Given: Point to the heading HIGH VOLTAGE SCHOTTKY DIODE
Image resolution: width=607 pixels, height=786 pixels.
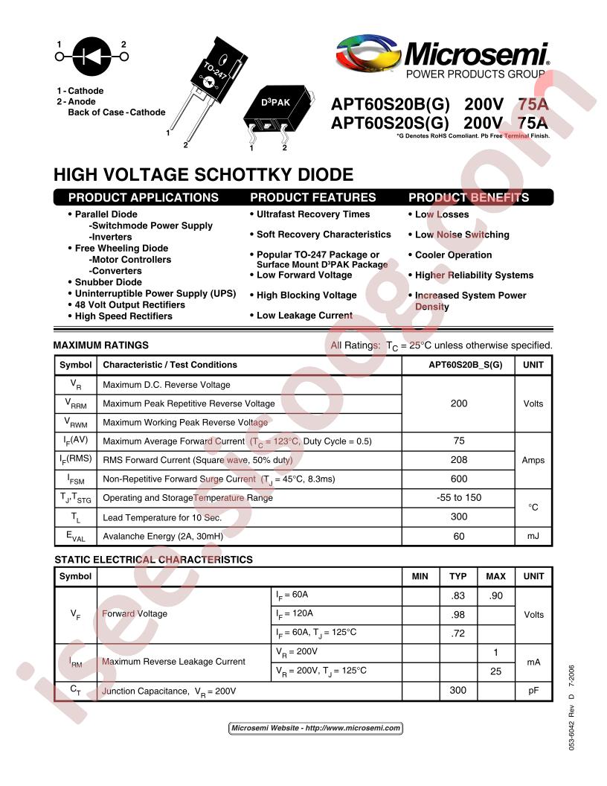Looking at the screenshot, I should (203, 175).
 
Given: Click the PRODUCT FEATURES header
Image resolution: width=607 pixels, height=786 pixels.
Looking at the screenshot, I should (313, 197).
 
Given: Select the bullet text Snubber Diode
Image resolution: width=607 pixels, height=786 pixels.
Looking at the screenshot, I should (108, 282).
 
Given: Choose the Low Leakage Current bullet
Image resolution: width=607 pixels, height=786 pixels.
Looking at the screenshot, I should (304, 316).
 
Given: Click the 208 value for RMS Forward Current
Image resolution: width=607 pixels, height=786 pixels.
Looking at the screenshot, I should (459, 460).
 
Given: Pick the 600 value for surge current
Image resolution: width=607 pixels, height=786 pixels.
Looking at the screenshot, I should (459, 479).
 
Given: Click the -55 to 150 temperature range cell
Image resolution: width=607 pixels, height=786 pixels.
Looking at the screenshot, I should (459, 498).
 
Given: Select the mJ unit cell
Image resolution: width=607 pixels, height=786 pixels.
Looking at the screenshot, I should (533, 536).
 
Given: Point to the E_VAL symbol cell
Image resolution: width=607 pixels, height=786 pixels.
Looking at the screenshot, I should (76, 537).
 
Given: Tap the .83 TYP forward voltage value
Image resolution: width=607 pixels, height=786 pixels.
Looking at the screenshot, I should (458, 595).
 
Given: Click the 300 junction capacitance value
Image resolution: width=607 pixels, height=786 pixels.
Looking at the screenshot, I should (458, 691).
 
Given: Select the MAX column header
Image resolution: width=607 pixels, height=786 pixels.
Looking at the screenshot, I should (495, 576).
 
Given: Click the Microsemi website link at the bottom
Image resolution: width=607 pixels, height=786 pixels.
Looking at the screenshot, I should (315, 728).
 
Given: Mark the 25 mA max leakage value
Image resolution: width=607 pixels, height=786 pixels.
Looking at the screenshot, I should (496, 671).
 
